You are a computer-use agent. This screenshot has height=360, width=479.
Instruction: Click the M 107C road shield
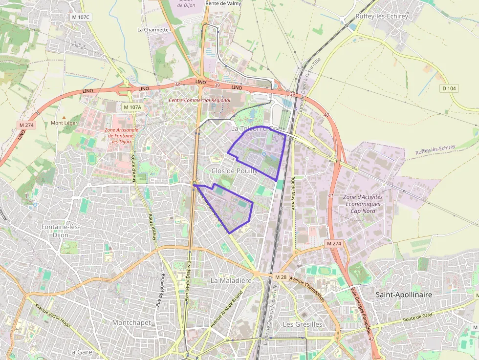(81, 17)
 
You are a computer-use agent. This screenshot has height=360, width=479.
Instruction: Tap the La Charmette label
(153, 29)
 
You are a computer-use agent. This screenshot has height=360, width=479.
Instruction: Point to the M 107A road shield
(132, 107)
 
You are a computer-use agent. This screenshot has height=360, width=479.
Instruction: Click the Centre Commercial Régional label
(199, 100)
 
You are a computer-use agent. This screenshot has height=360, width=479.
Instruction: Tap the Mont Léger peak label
(64, 123)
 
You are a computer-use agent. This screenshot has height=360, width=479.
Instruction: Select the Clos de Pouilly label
(234, 170)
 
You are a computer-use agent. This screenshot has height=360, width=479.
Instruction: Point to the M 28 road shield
(281, 277)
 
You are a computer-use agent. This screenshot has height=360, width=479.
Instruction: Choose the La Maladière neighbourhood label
(231, 281)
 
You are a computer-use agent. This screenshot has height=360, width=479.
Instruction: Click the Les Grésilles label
(303, 324)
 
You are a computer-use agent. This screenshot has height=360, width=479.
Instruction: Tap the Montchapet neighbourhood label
(131, 322)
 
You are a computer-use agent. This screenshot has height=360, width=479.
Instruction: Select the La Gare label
(77, 352)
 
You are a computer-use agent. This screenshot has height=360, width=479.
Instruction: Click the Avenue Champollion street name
(306, 289)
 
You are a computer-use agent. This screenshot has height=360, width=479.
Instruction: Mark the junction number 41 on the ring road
(331, 196)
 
